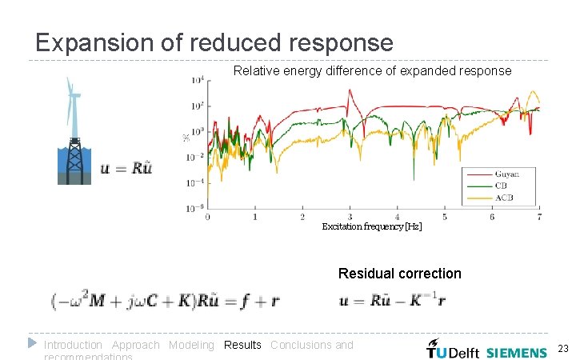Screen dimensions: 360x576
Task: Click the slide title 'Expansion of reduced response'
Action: [x=214, y=42]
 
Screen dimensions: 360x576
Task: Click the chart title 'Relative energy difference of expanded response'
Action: [x=372, y=71]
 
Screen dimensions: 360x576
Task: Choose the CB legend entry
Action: [x=502, y=186]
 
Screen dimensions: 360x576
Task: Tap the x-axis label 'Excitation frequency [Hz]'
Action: [x=371, y=227]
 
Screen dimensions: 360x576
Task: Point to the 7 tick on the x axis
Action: [x=539, y=217]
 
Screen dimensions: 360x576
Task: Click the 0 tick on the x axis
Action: [x=208, y=217]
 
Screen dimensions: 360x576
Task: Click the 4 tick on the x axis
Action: [x=398, y=217]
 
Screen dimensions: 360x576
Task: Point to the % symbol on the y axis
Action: [x=186, y=138]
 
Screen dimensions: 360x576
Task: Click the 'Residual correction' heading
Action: [x=399, y=274]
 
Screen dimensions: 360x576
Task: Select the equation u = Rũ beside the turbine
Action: [x=126, y=168]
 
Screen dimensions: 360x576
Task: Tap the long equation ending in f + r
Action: [x=165, y=301]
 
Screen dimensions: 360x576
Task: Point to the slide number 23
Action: [x=562, y=349]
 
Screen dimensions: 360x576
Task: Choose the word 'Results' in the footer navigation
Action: [x=242, y=345]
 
